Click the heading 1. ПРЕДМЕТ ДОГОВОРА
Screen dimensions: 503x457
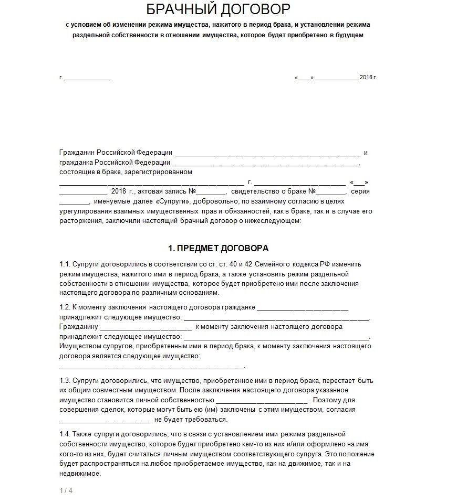click(218, 248)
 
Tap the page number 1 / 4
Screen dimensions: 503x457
click(66, 491)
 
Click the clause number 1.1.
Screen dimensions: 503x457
click(65, 264)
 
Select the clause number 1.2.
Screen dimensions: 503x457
click(65, 307)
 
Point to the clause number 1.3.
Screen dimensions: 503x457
click(65, 380)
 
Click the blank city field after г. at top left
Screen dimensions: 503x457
click(88, 78)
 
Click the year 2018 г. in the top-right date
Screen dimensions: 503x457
click(368, 78)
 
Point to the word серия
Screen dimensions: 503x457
click(360, 191)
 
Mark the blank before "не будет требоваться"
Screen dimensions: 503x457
click(105, 420)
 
